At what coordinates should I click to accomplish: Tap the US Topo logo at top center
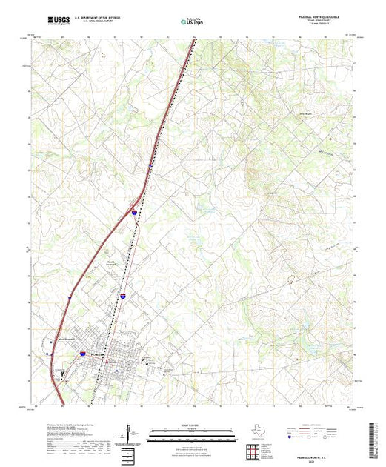click(x=193, y=21)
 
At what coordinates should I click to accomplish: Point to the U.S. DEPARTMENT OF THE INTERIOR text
click(x=96, y=17)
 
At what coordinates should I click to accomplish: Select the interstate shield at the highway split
click(x=134, y=212)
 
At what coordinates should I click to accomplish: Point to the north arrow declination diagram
click(x=130, y=432)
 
